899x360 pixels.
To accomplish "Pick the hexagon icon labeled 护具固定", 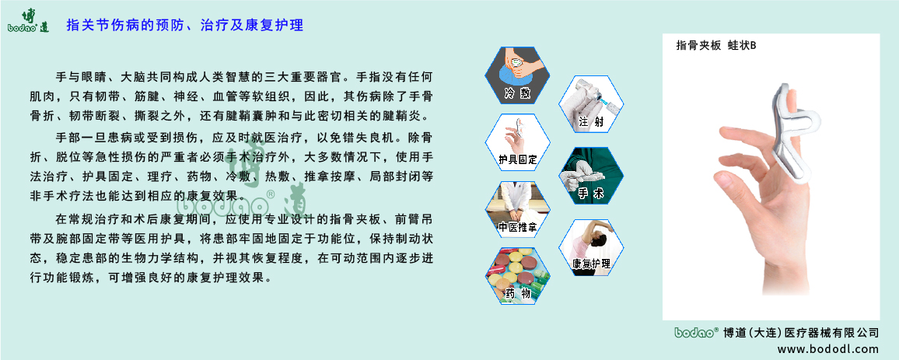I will [517, 142].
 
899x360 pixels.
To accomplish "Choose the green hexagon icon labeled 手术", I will [591, 176].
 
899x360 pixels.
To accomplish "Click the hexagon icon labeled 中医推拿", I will [517, 209].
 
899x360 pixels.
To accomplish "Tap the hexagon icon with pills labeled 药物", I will [517, 275].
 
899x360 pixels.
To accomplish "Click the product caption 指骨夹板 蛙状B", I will [716, 46].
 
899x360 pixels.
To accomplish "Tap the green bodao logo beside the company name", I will [694, 332].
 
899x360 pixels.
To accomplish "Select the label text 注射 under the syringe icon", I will [591, 122].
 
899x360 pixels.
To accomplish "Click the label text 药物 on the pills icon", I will [517, 294].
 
